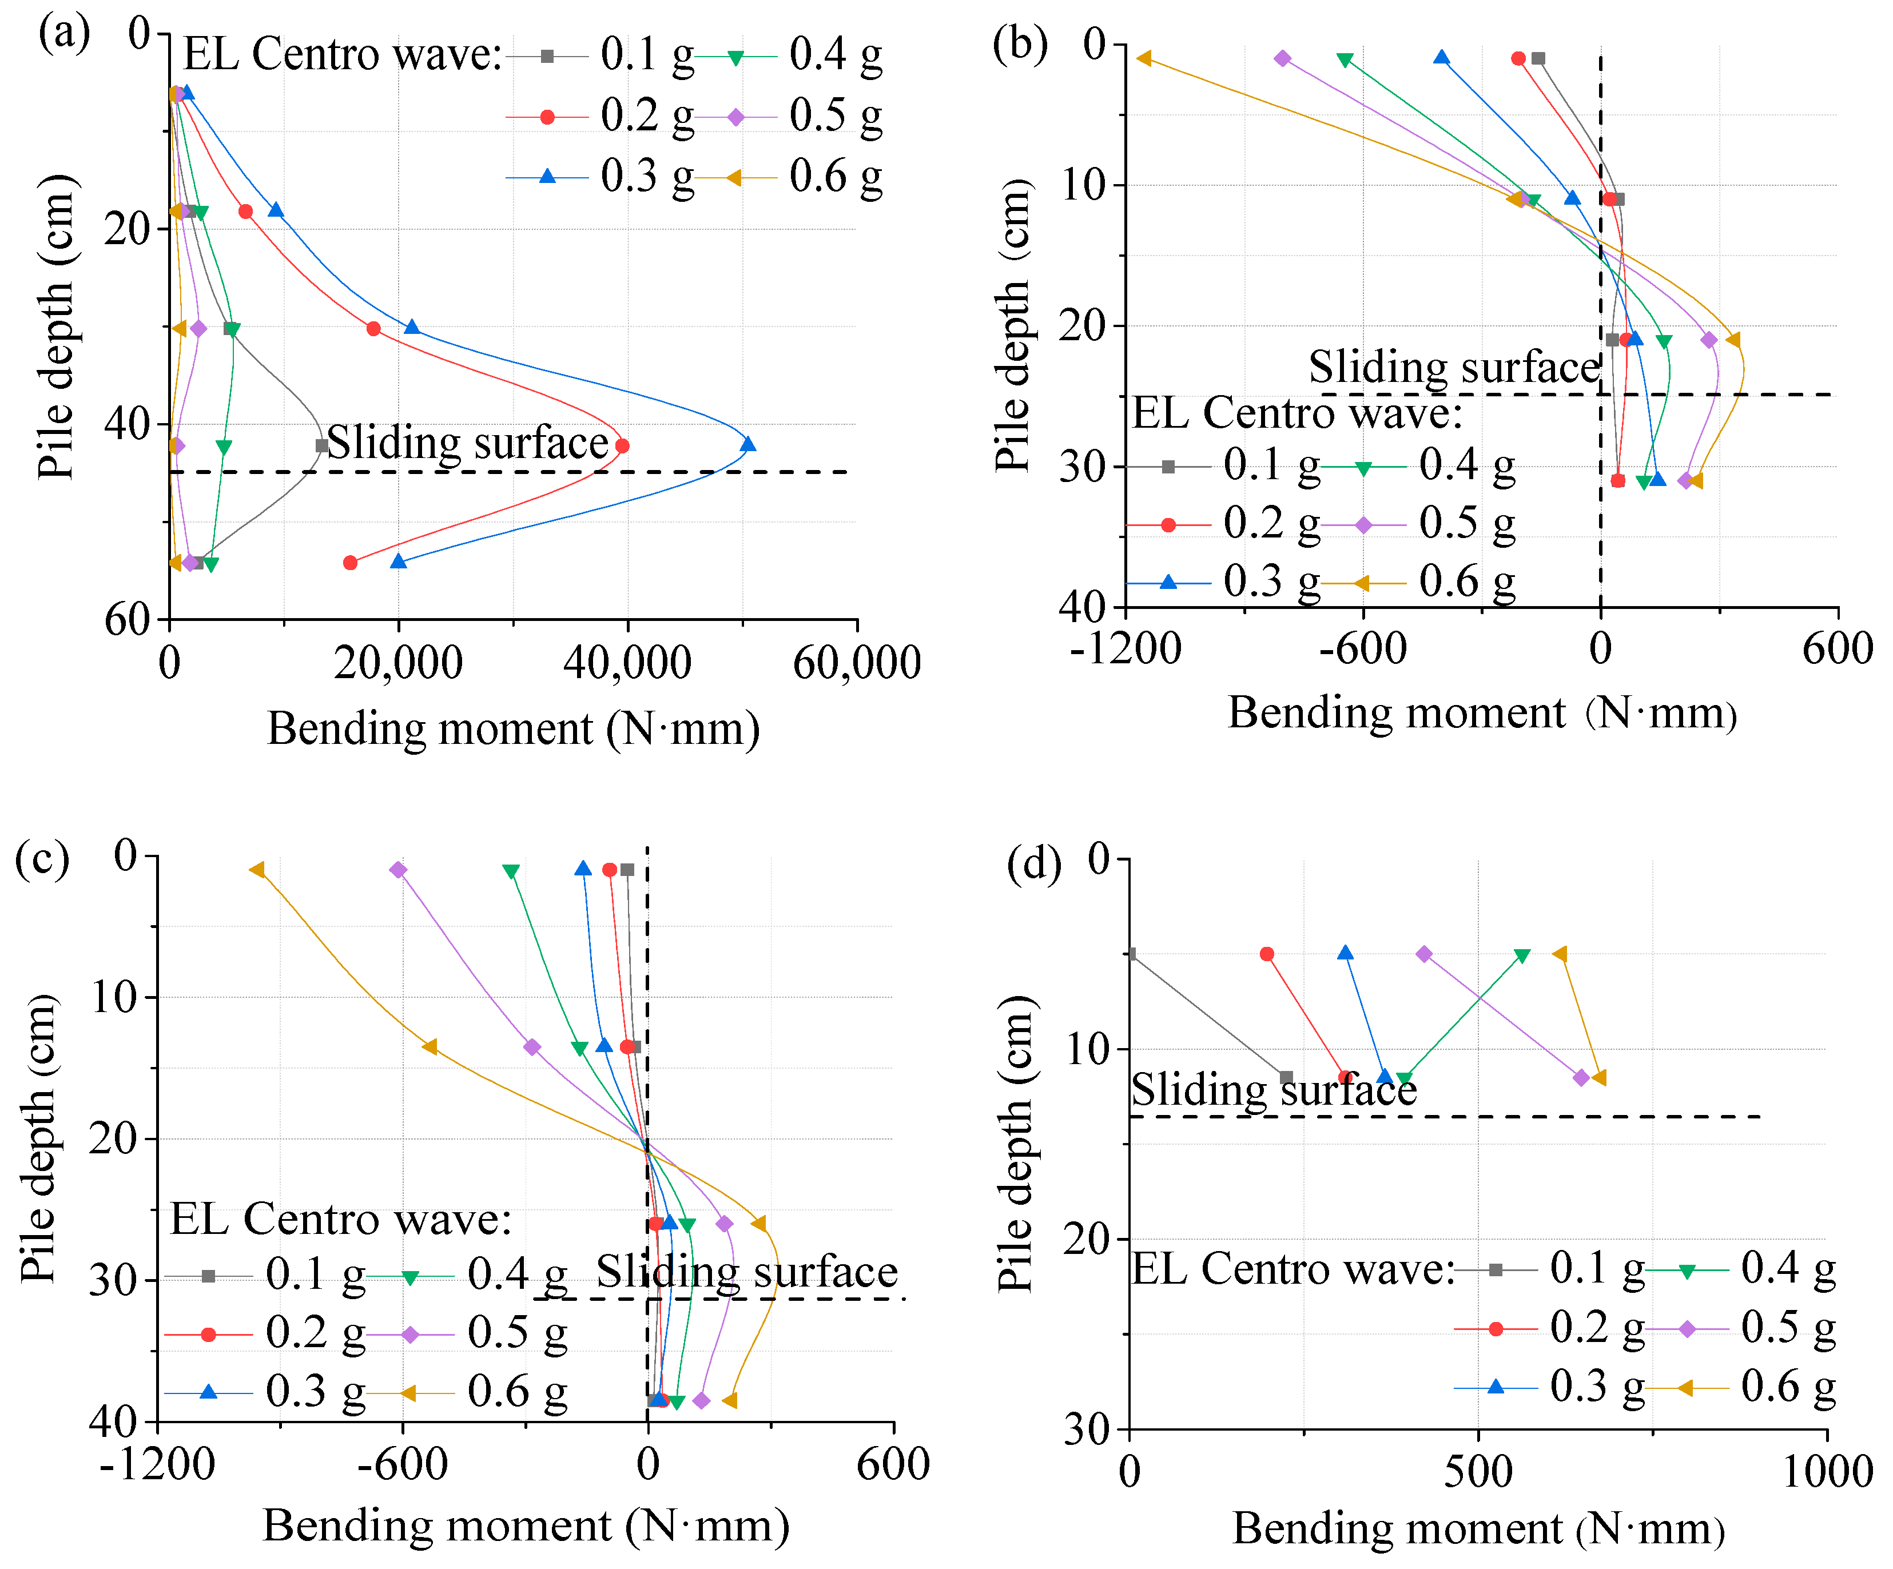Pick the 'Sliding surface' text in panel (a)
coord(467,443)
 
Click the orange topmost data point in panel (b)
coord(1144,58)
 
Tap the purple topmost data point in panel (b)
coord(1283,58)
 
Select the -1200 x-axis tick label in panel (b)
coord(1126,649)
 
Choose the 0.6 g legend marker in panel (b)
coord(1363,583)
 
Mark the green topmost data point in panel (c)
coord(511,871)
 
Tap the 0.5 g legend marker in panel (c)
coord(410,1335)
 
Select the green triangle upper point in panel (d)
coord(1522,955)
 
